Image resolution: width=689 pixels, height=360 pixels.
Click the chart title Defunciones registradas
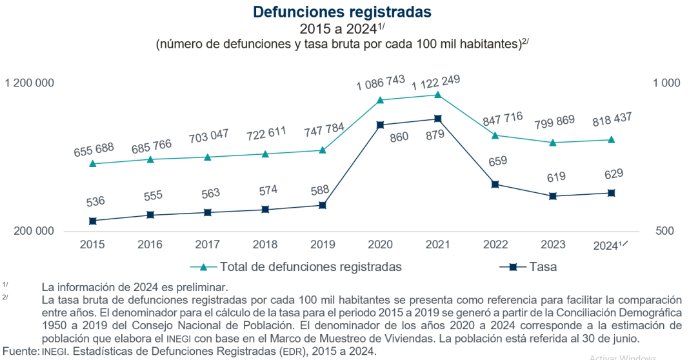pyautogui.click(x=342, y=12)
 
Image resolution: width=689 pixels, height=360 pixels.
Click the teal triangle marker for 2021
pyautogui.click(x=437, y=95)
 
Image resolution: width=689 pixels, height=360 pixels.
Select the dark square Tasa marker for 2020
pyautogui.click(x=381, y=125)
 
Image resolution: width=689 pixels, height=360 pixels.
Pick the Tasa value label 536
pyautogui.click(x=95, y=202)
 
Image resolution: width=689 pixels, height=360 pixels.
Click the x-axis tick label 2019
pyautogui.click(x=322, y=245)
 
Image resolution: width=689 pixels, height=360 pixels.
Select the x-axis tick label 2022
pyautogui.click(x=495, y=245)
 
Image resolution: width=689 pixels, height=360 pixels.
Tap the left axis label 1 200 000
pyautogui.click(x=30, y=83)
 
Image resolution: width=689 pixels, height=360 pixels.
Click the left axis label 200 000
pyautogui.click(x=33, y=232)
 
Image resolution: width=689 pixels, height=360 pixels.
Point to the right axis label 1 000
pyautogui.click(x=666, y=83)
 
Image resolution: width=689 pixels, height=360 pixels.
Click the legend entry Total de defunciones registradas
pyautogui.click(x=310, y=266)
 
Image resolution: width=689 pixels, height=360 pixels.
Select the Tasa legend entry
pyautogui.click(x=543, y=266)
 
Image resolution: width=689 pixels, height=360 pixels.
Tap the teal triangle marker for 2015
pyautogui.click(x=93, y=164)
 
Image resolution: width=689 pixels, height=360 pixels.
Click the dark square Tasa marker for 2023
pyautogui.click(x=553, y=196)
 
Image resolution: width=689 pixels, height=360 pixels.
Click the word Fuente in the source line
pyautogui.click(x=19, y=352)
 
